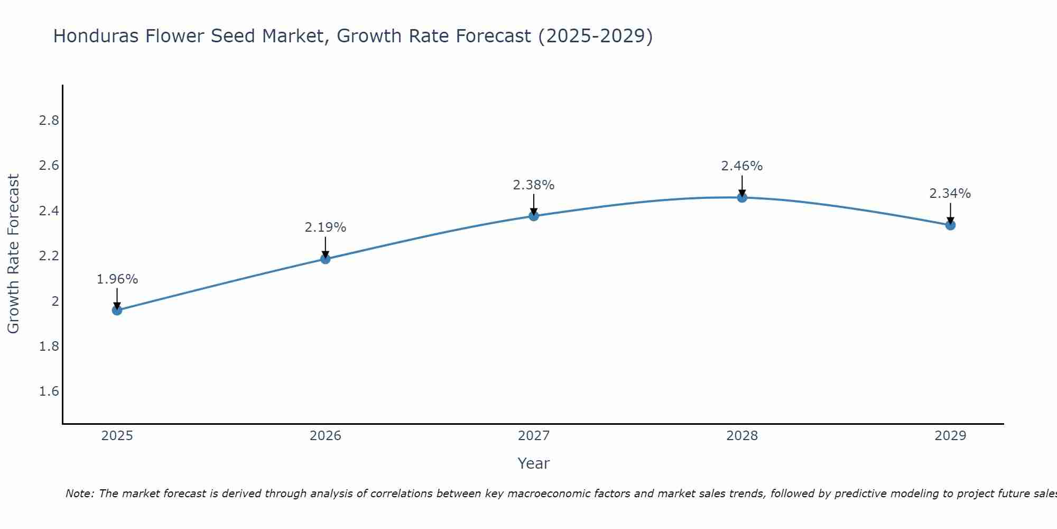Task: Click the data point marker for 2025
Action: pyautogui.click(x=117, y=310)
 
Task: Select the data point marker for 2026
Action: pyautogui.click(x=326, y=259)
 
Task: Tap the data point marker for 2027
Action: pyautogui.click(x=534, y=216)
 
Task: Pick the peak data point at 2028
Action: pyautogui.click(x=742, y=198)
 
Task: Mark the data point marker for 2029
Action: pyautogui.click(x=950, y=225)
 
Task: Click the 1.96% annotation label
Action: pyautogui.click(x=117, y=279)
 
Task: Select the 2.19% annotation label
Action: pyautogui.click(x=326, y=227)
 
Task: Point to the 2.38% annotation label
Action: pyautogui.click(x=534, y=185)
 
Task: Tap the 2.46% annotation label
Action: pyautogui.click(x=742, y=166)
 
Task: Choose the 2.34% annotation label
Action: pyautogui.click(x=950, y=194)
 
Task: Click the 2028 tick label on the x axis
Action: pyautogui.click(x=742, y=436)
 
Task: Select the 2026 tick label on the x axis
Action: pyautogui.click(x=326, y=436)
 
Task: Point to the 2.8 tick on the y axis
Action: pyautogui.click(x=49, y=121)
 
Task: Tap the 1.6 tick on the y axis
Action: pyautogui.click(x=49, y=391)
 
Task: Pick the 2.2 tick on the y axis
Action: pyautogui.click(x=49, y=256)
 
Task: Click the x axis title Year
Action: pyautogui.click(x=534, y=463)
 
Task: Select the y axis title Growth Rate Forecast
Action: pyautogui.click(x=14, y=254)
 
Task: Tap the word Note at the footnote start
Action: pyautogui.click(x=79, y=494)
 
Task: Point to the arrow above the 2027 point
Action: pyautogui.click(x=534, y=204)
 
